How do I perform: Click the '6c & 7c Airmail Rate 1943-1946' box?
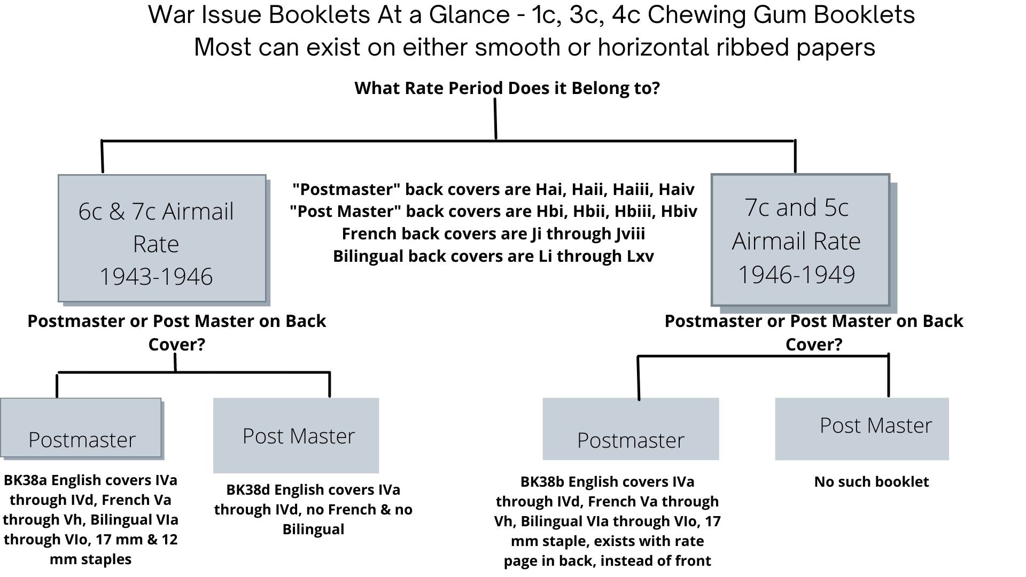(162, 238)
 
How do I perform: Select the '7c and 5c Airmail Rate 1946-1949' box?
(800, 239)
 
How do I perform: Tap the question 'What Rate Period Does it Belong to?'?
(507, 88)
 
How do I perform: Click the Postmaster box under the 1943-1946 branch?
(81, 428)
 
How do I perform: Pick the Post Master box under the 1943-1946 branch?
(296, 435)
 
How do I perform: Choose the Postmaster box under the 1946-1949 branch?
(631, 429)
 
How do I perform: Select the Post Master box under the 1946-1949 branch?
(861, 428)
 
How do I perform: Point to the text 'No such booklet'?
(871, 482)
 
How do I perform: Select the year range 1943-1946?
(156, 277)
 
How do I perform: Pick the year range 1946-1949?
(796, 275)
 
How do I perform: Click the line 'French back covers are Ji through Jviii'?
(493, 234)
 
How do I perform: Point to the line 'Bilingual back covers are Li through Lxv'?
(493, 256)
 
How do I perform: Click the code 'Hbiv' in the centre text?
(679, 212)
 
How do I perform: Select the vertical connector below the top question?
(495, 119)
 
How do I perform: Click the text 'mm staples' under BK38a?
(90, 559)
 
